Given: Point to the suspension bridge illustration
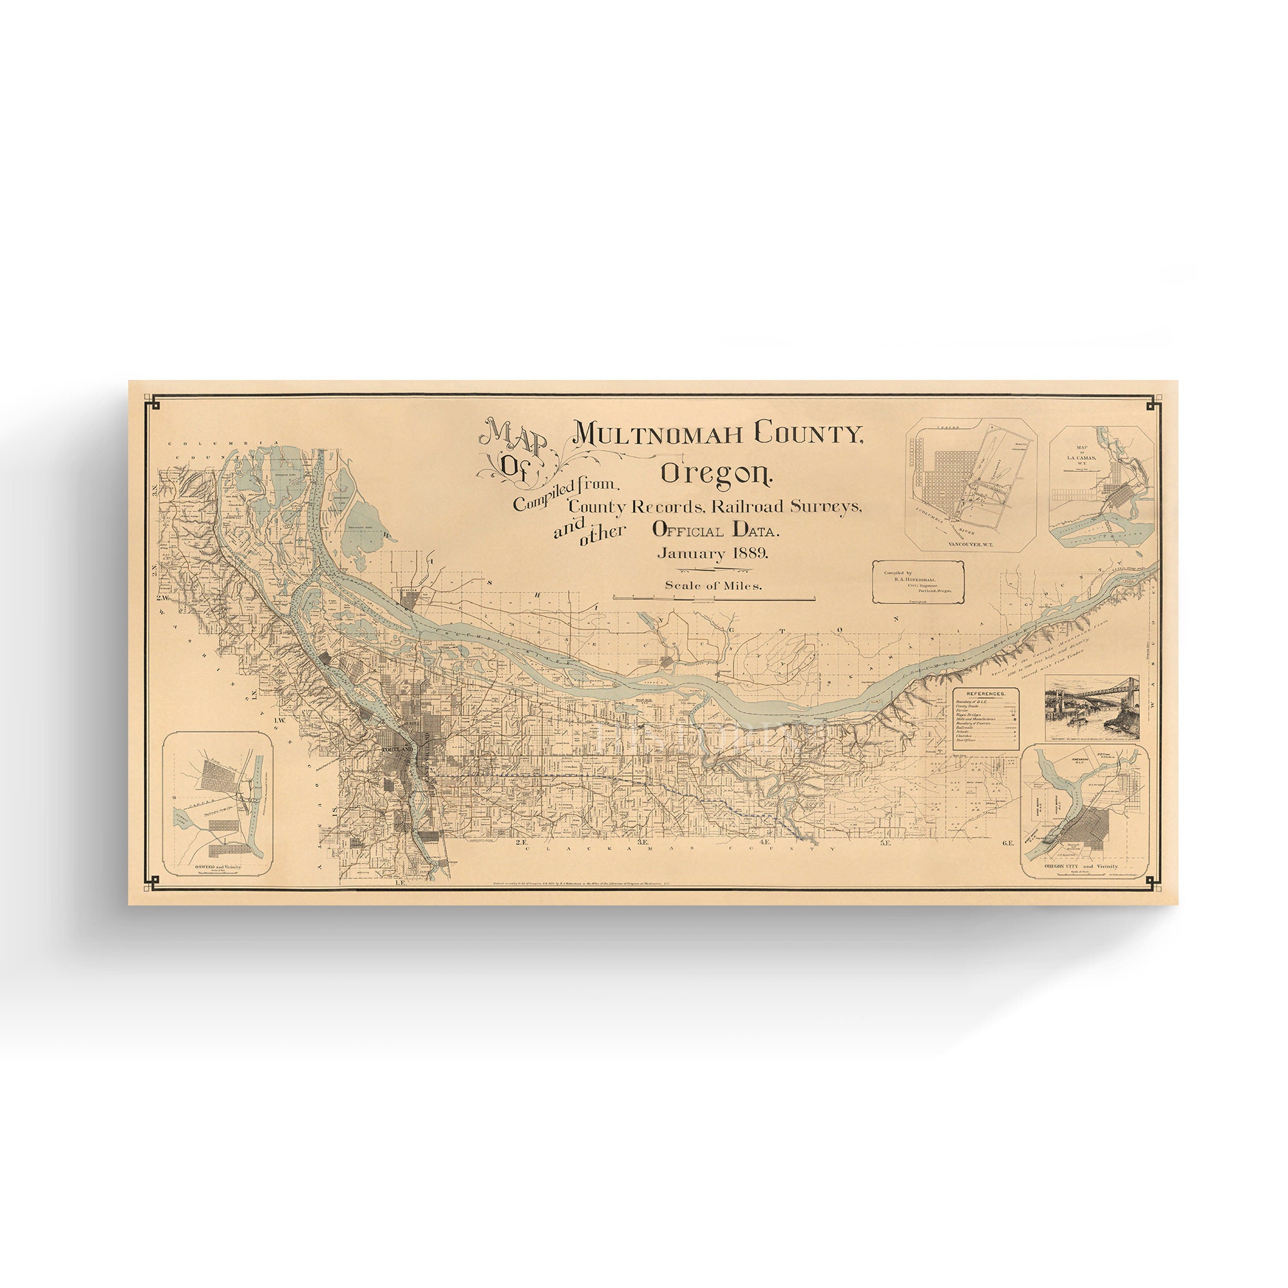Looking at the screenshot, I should pos(1092,707).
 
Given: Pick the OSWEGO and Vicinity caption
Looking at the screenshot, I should pos(216,867).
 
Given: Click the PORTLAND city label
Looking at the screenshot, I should pos(398,750).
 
